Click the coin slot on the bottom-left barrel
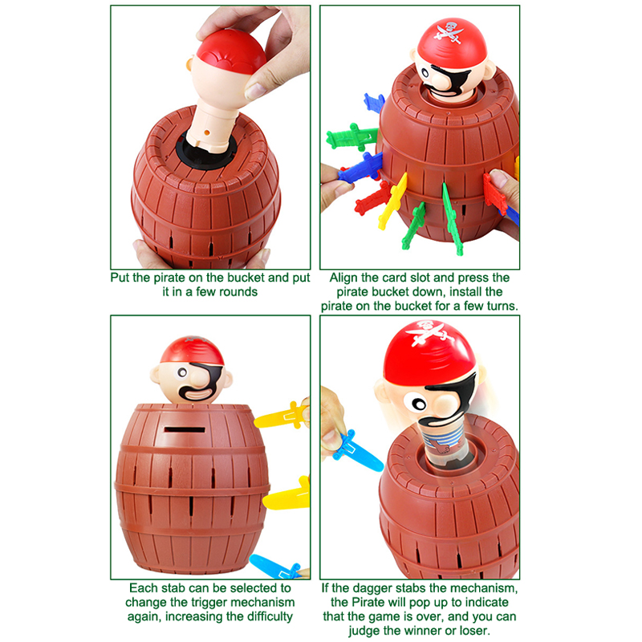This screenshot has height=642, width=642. tap(185, 429)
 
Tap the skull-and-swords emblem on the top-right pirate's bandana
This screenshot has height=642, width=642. tap(450, 32)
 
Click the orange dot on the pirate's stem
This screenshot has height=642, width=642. tap(207, 132)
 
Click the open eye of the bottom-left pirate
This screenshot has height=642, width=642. tap(182, 372)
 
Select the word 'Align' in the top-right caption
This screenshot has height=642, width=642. tap(343, 278)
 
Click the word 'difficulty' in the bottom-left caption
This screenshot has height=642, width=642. tap(266, 616)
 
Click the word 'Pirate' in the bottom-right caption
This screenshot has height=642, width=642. tap(369, 603)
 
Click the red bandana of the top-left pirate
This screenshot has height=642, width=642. tap(231, 52)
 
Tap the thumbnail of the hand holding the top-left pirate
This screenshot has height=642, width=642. tap(255, 91)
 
